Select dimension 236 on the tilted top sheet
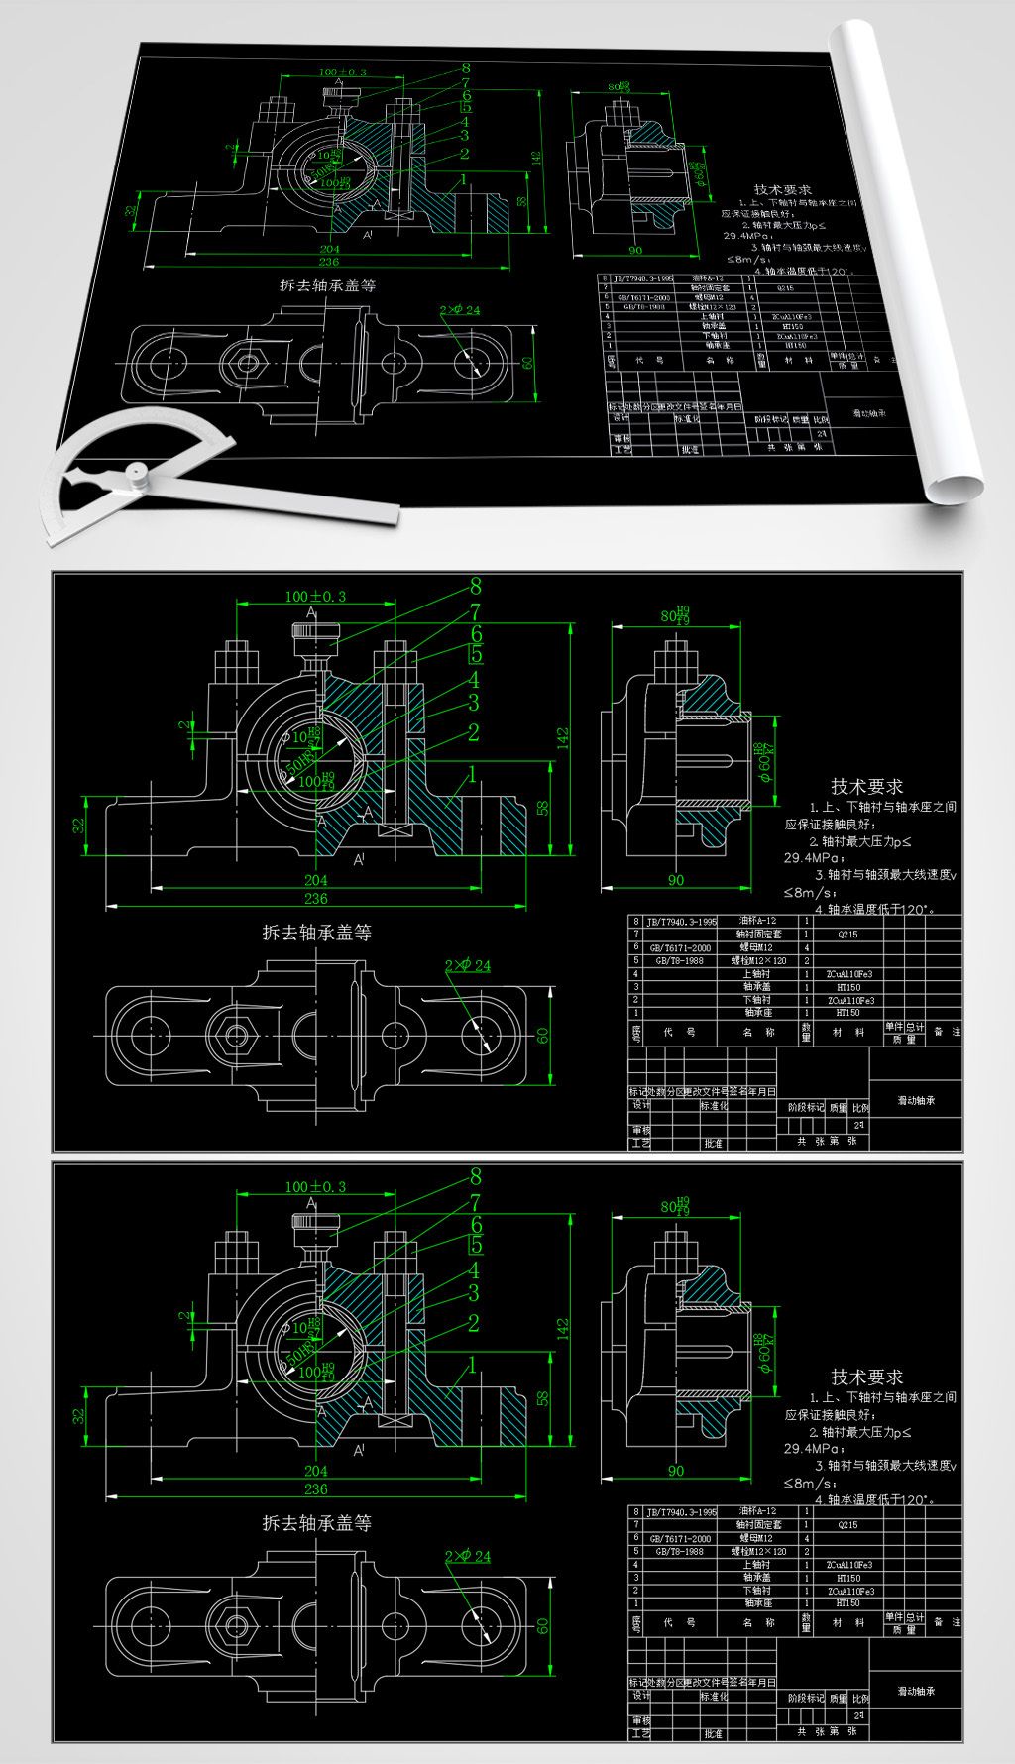pos(328,262)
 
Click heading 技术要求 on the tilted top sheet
pos(783,190)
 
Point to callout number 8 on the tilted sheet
pos(465,69)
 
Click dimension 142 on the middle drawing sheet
pos(563,737)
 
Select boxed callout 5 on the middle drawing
pos(477,654)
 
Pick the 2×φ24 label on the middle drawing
pos(468,965)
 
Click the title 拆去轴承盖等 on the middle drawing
pos(316,933)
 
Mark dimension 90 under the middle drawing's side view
pos(676,880)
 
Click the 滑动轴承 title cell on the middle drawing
pos(916,1100)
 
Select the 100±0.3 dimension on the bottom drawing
pos(315,1186)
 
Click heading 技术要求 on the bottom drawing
pos(867,1377)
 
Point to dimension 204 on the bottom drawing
pos(315,1472)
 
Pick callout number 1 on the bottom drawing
pos(473,1366)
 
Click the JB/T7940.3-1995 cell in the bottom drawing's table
pos(681,1513)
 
